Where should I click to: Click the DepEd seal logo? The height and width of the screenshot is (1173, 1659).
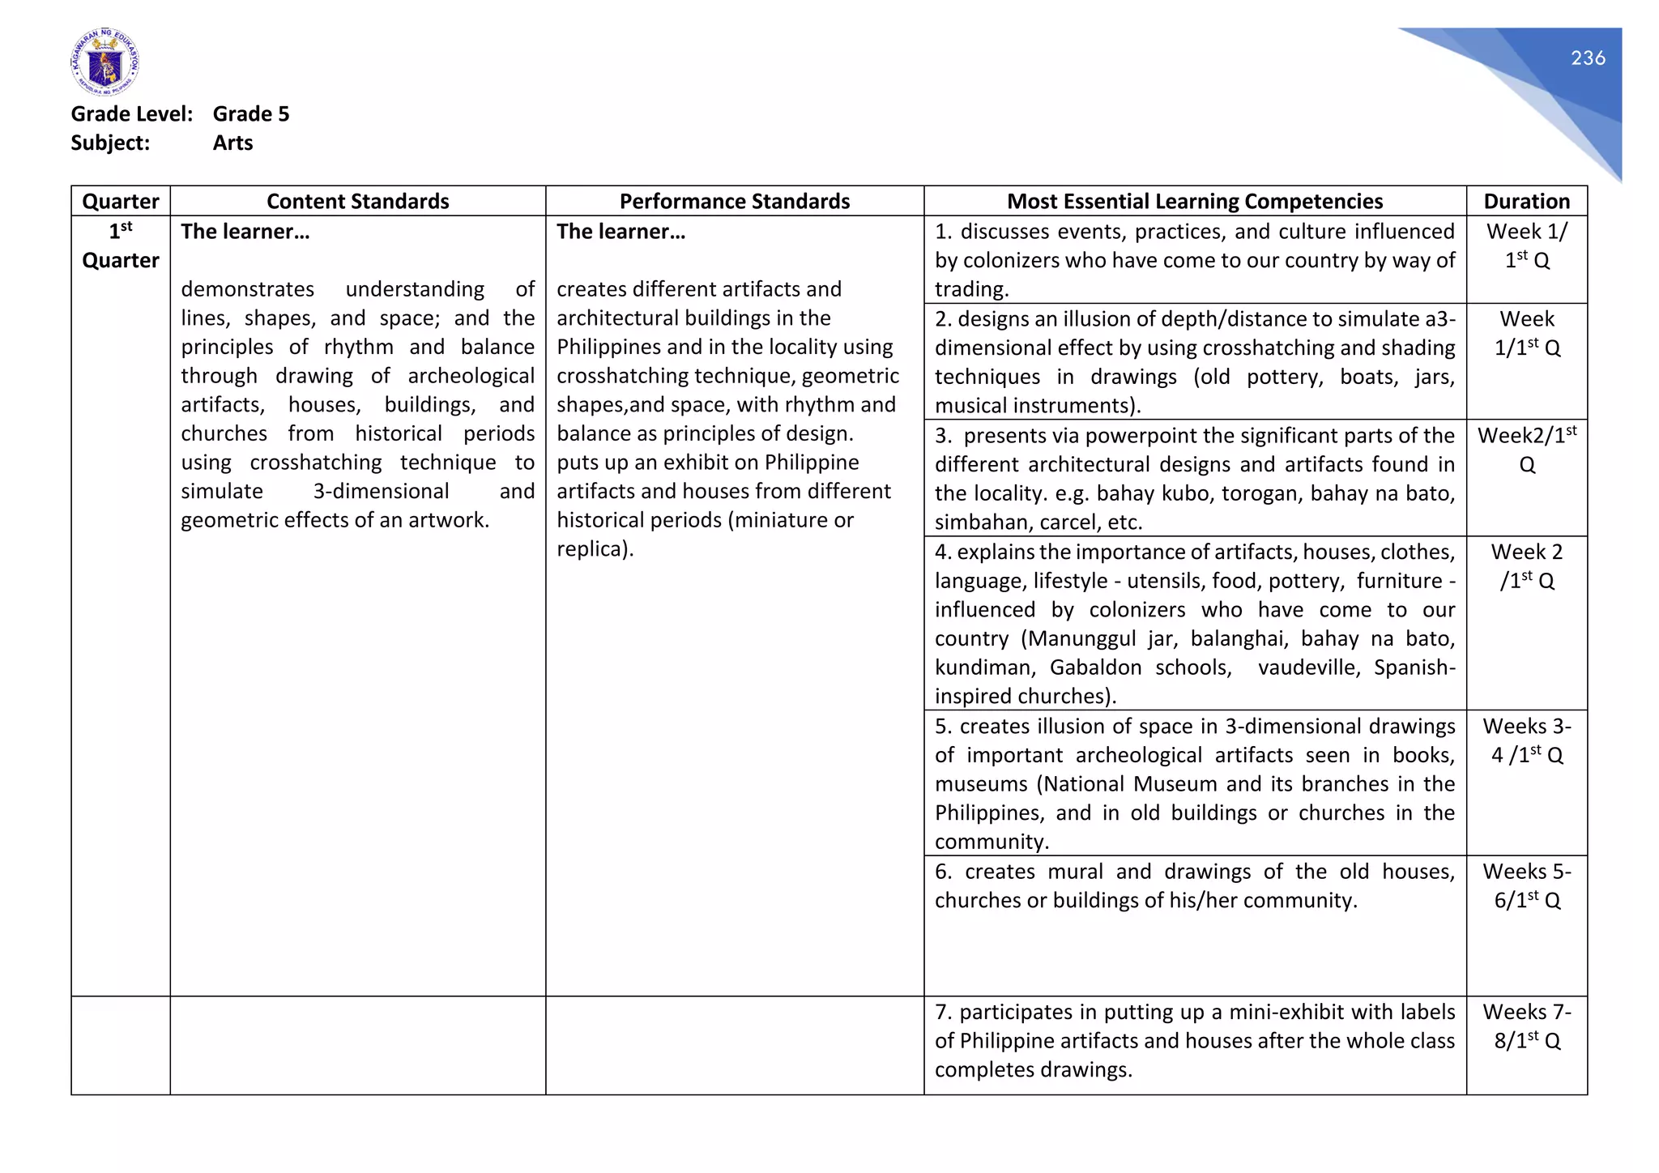104,62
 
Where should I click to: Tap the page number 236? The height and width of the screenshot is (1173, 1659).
1587,58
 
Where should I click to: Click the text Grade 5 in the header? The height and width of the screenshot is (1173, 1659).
250,114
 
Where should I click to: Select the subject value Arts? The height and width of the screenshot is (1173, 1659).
232,143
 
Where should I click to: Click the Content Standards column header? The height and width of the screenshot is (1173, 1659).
357,201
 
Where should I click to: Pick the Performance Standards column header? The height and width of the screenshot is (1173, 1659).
734,201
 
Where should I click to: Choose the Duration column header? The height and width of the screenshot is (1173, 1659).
1526,201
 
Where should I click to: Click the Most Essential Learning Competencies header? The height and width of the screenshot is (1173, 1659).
1194,201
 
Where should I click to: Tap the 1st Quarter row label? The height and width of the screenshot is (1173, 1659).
121,246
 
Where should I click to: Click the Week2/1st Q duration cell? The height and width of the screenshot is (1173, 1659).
1526,450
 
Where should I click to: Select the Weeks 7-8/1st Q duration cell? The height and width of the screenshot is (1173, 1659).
1526,1026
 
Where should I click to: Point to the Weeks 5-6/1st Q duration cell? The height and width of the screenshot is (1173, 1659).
1526,886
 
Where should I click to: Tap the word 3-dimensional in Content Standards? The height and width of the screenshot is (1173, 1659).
381,492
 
